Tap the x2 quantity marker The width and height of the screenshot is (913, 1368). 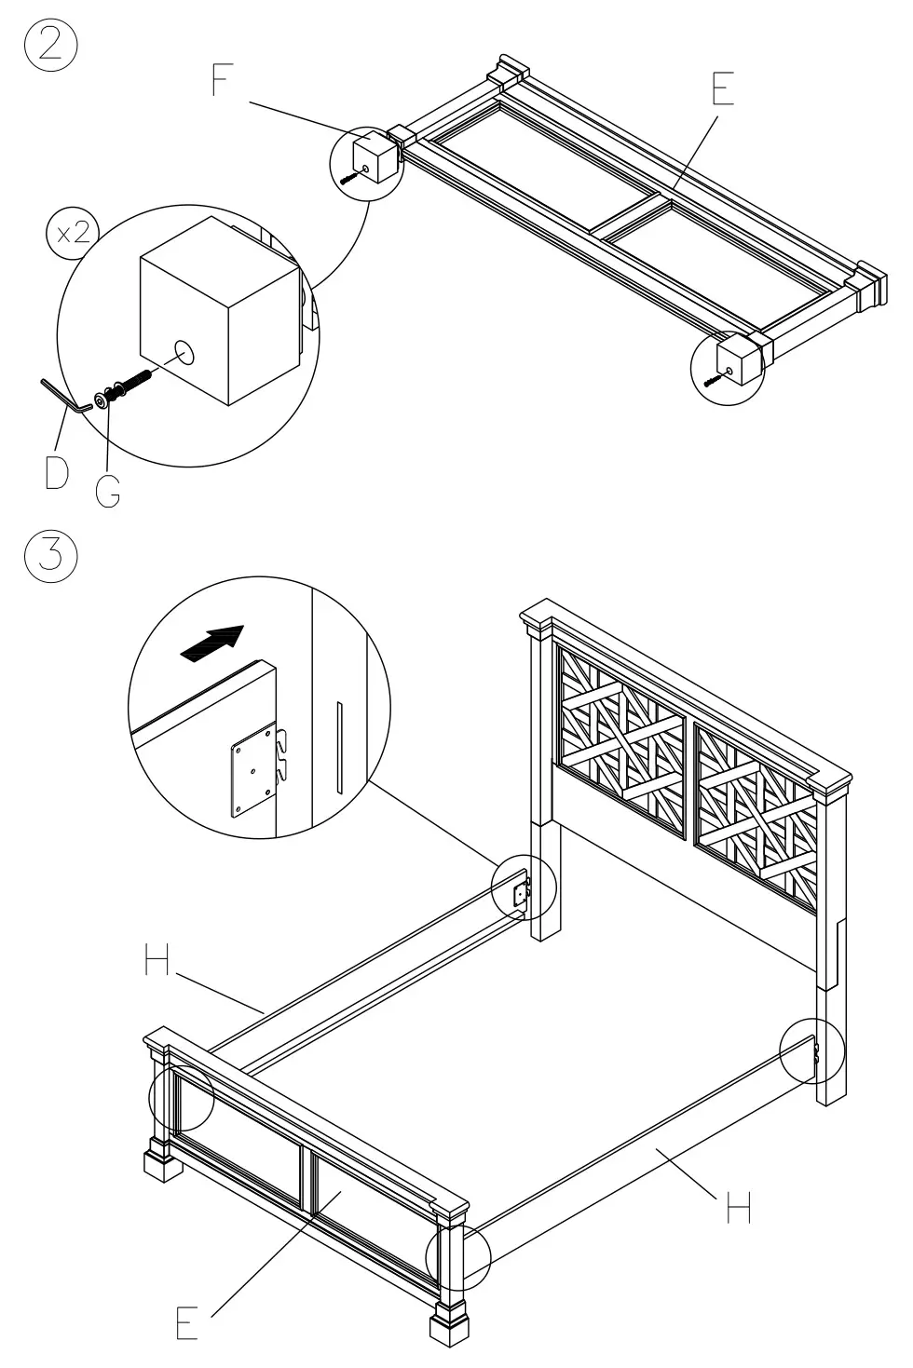coord(71,233)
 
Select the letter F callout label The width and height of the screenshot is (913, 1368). coord(221,81)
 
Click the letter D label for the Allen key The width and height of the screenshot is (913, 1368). coord(56,472)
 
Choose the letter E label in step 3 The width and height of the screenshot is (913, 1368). coord(187,1322)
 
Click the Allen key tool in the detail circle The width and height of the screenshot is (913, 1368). coord(65,393)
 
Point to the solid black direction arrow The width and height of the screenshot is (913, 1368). coord(213,643)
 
